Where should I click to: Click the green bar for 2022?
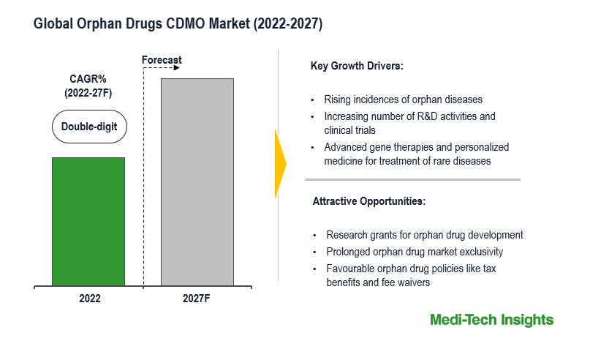point(88,221)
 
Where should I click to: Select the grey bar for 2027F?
point(197,181)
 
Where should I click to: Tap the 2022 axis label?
point(89,299)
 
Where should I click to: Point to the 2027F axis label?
point(197,299)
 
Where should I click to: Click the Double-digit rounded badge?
point(89,127)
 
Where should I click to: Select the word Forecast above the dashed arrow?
point(162,60)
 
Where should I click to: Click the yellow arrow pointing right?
point(279,164)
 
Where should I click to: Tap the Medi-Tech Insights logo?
point(491,320)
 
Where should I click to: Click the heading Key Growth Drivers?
point(357,67)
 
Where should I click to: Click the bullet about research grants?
point(424,235)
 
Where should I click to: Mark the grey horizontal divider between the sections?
point(412,179)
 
